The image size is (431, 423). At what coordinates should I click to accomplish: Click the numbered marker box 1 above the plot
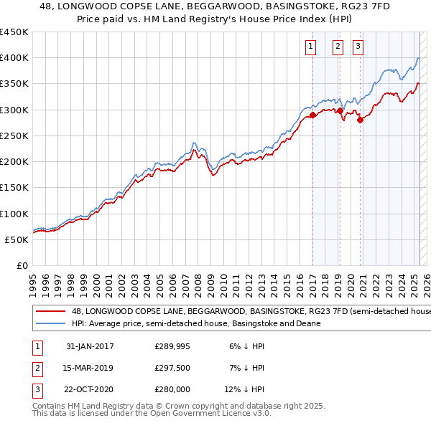pyautogui.click(x=311, y=47)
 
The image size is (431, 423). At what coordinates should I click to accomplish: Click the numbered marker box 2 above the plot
pyautogui.click(x=338, y=47)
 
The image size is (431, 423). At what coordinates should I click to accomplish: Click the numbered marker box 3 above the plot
pyautogui.click(x=358, y=47)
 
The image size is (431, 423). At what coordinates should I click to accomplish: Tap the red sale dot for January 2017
pyautogui.click(x=313, y=115)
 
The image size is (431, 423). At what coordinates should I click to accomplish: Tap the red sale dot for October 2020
pyautogui.click(x=361, y=120)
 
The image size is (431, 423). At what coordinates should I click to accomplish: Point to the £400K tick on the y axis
pyautogui.click(x=14, y=58)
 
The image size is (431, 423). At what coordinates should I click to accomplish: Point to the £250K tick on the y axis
pyautogui.click(x=14, y=136)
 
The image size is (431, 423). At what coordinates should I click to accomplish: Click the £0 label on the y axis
pyautogui.click(x=22, y=265)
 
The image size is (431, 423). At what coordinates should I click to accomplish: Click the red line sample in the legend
pyautogui.click(x=50, y=312)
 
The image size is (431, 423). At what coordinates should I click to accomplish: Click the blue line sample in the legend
pyautogui.click(x=50, y=323)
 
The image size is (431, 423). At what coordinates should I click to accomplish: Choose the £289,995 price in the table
pyautogui.click(x=172, y=346)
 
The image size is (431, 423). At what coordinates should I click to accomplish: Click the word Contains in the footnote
pyautogui.click(x=50, y=406)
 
